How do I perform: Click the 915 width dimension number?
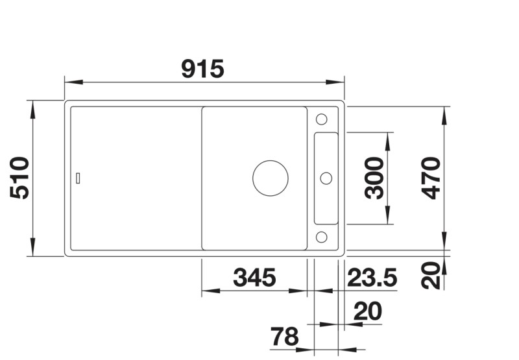click(x=202, y=68)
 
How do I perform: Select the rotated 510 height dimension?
click(x=20, y=178)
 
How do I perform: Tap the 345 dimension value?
click(x=254, y=278)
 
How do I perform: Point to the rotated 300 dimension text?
click(x=374, y=178)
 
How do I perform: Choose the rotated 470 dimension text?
click(x=429, y=178)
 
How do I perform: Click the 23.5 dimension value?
click(x=372, y=278)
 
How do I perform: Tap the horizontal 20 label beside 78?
click(x=368, y=312)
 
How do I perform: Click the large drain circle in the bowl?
click(x=271, y=178)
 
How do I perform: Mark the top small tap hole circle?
click(x=321, y=119)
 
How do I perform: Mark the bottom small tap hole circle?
click(x=321, y=236)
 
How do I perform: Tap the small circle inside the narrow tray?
click(x=326, y=178)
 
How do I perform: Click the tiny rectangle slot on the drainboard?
click(x=78, y=178)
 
